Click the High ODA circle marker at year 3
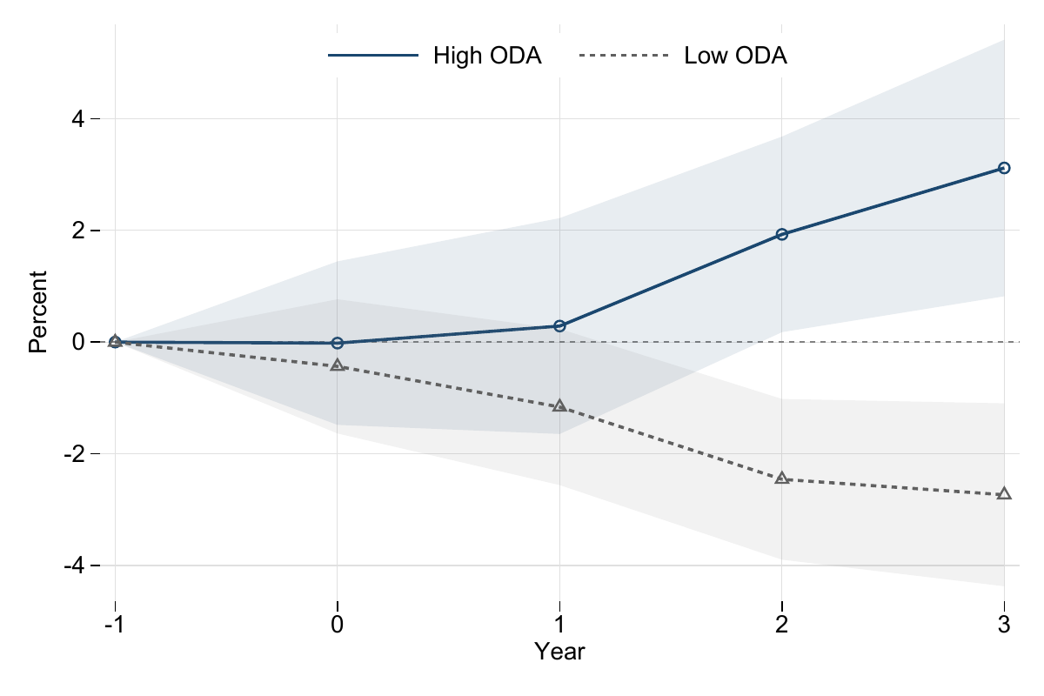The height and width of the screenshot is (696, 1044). point(1004,168)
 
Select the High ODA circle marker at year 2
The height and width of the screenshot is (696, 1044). point(781,234)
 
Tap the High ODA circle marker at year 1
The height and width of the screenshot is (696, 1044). point(559,326)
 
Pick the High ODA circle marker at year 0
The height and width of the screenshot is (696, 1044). point(338,344)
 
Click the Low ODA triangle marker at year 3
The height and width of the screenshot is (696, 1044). point(1004,494)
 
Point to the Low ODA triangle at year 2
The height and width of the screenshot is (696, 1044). point(781,478)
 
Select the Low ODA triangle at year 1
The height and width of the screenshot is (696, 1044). point(559,406)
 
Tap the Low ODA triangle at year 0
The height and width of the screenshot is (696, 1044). point(338,365)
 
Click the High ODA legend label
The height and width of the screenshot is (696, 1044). point(487,57)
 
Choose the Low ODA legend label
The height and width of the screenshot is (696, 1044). point(735,57)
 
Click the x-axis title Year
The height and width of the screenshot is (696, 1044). point(559,652)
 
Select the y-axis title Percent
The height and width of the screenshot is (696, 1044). point(37,311)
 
